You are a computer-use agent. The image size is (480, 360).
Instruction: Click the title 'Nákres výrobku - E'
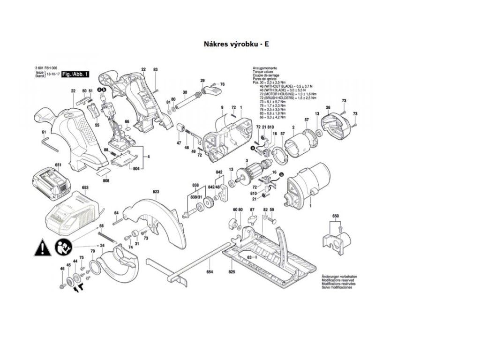click(x=236, y=45)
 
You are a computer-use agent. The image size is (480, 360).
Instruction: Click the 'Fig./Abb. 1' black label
click(x=75, y=75)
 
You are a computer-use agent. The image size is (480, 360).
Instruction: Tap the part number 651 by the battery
click(x=59, y=165)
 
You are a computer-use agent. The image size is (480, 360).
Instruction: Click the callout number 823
click(x=156, y=192)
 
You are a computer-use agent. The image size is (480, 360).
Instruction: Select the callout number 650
click(x=335, y=216)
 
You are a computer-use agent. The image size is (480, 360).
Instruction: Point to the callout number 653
click(x=85, y=187)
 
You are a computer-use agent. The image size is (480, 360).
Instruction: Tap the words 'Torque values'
click(x=263, y=72)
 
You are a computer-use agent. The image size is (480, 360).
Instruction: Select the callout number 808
click(x=106, y=181)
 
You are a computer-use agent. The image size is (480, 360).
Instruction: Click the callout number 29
click(x=203, y=81)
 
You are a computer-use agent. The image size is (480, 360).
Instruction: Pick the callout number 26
click(x=328, y=108)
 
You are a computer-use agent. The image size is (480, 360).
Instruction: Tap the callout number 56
click(x=101, y=226)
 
